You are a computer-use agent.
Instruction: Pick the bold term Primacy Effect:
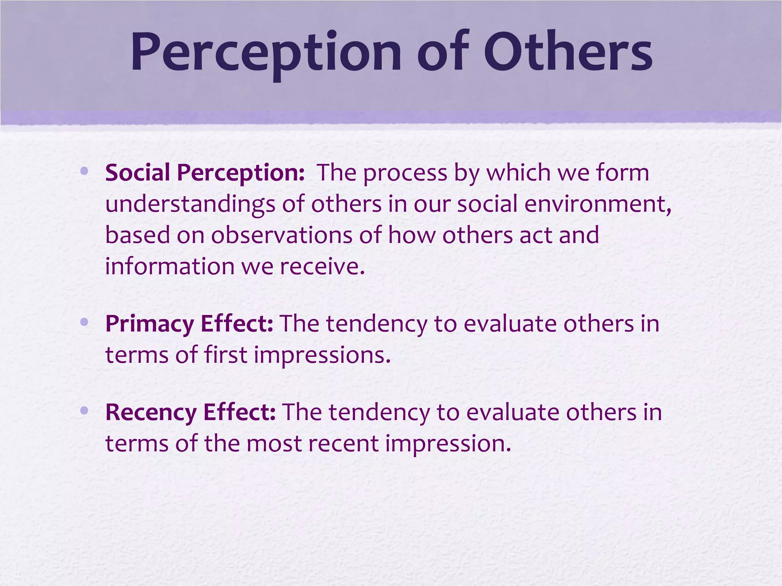pyautogui.click(x=189, y=324)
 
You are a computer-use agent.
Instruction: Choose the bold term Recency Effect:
pyautogui.click(x=190, y=412)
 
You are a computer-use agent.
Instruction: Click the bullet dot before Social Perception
pyautogui.click(x=84, y=170)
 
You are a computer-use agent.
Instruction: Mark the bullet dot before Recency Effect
pyautogui.click(x=84, y=411)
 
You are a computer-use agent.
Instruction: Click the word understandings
pyautogui.click(x=190, y=204)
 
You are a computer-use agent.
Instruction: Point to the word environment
pyautogui.click(x=596, y=204)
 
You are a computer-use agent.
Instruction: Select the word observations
pyautogui.click(x=282, y=235)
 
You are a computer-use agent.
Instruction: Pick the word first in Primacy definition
pyautogui.click(x=226, y=355)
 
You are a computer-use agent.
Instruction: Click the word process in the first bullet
pyautogui.click(x=405, y=173)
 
